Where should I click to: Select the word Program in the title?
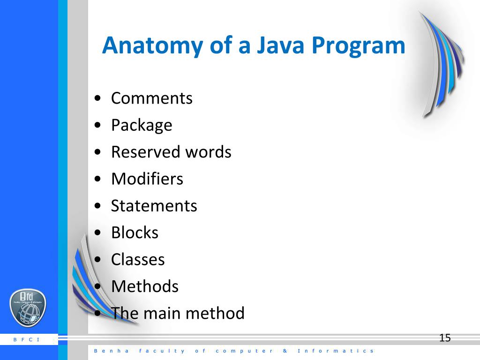pos(358,46)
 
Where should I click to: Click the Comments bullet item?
pos(151,98)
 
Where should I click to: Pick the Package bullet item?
pos(142,126)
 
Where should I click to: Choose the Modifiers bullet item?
pos(147,179)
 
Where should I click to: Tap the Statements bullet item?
pos(154,206)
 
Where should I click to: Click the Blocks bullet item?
pos(135,232)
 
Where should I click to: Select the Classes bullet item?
pos(138,259)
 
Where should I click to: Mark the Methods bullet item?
pos(144,286)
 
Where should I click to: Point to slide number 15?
pos(445,338)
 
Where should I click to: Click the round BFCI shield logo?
pos(28,308)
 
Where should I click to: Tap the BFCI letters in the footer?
pos(27,339)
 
